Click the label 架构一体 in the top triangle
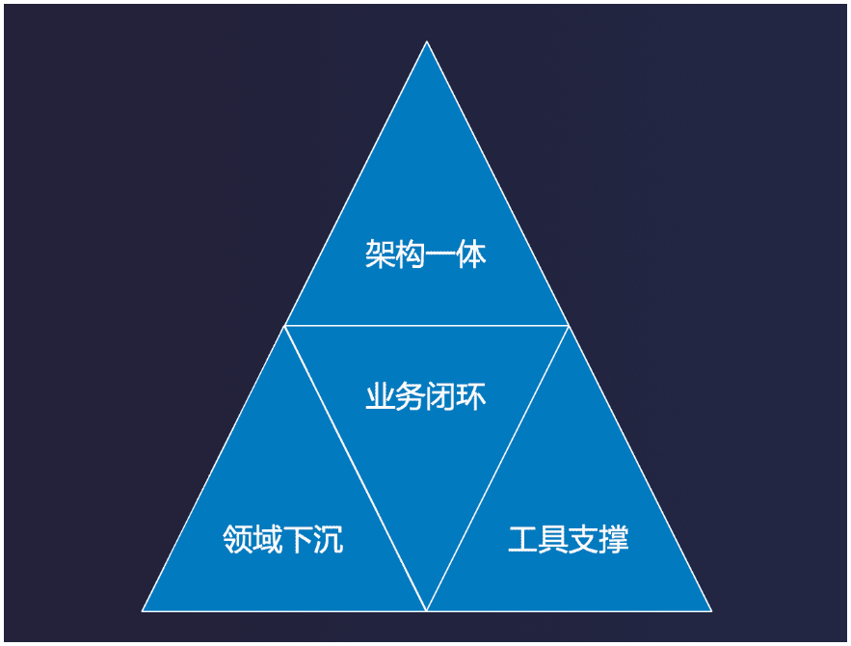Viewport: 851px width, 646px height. click(426, 255)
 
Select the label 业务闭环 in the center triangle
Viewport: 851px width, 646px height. click(426, 396)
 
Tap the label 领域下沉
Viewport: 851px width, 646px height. click(282, 539)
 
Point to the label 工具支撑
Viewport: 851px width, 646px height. click(569, 539)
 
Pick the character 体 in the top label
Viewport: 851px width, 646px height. click(471, 255)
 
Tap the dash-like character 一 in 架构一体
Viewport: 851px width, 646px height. click(441, 256)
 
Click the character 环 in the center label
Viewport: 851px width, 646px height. click(471, 396)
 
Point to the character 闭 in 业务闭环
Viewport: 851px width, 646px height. click(441, 396)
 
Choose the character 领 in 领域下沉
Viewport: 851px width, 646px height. click(237, 539)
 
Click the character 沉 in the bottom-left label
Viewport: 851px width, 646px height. click(328, 539)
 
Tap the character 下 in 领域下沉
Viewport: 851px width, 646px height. click(298, 539)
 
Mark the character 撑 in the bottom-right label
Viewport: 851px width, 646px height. click(614, 539)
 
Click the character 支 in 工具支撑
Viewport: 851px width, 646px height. click(584, 539)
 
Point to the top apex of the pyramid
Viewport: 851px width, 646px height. click(427, 41)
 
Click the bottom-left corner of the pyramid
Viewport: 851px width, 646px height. click(143, 610)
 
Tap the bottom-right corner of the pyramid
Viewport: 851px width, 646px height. click(711, 610)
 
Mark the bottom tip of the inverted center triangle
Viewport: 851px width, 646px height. click(427, 609)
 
